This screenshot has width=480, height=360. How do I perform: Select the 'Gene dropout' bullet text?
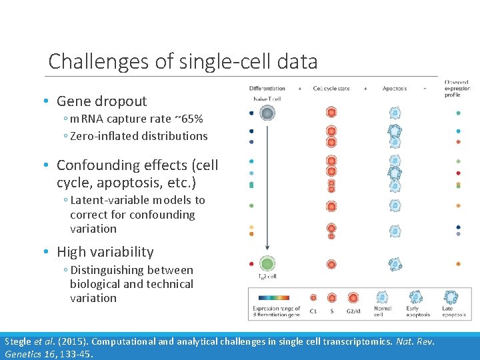pos(101,101)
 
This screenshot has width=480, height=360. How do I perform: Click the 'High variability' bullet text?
pos(105,252)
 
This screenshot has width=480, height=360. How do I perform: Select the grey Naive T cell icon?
pos(267,113)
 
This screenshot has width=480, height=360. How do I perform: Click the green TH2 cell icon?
pos(267,264)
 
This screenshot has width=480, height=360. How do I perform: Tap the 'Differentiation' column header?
pos(267,88)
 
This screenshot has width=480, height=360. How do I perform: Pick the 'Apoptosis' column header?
pos(395,88)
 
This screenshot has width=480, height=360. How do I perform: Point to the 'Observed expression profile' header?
pos(457,88)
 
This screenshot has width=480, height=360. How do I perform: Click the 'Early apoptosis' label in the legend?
pos(416,311)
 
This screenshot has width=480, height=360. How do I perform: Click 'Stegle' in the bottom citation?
pos(17,341)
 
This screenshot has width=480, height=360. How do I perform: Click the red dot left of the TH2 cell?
pos(251,264)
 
